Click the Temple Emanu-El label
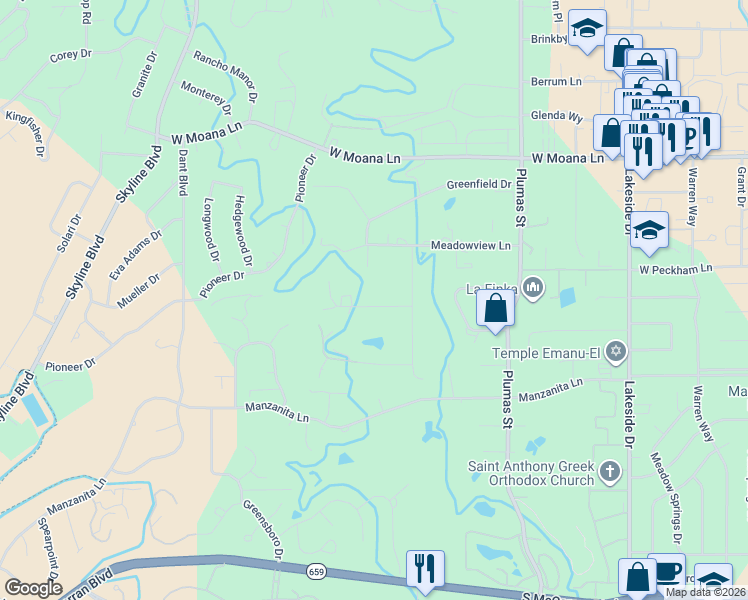pos(549,352)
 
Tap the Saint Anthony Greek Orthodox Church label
pos(531,473)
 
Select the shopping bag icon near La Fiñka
pos(495,309)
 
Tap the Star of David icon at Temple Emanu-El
pos(617,351)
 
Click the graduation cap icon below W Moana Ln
pos(649,232)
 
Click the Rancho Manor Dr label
pos(226,78)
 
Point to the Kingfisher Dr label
pos(27,134)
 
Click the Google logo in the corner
pos(33,588)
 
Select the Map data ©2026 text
pos(705,592)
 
